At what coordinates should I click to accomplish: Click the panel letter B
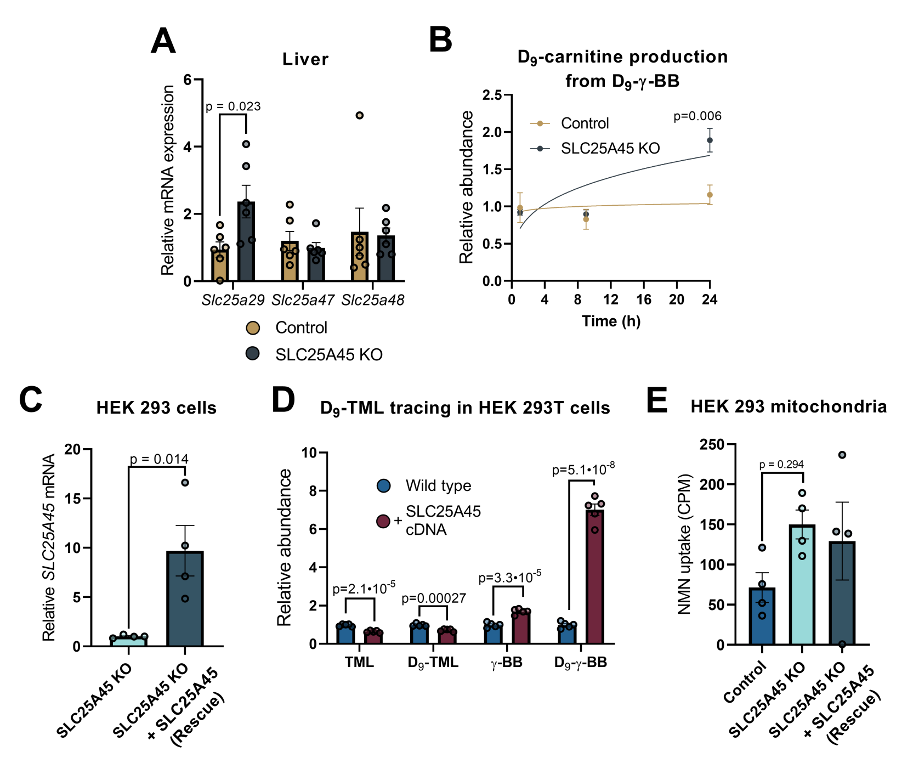click(440, 40)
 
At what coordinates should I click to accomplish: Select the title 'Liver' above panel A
click(305, 59)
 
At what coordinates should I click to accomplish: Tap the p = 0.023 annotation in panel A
click(233, 106)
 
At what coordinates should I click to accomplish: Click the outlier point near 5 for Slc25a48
click(360, 115)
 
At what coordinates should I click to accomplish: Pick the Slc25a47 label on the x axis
click(303, 300)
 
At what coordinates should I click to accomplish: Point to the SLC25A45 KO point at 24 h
click(710, 140)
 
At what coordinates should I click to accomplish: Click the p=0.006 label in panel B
click(697, 116)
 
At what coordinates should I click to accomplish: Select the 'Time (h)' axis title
click(611, 321)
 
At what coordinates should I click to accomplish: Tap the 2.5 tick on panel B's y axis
click(492, 95)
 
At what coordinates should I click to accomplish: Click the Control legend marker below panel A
click(253, 327)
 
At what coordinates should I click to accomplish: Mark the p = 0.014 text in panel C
click(159, 459)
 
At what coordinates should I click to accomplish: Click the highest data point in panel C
click(185, 483)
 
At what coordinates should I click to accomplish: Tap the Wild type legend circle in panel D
click(384, 485)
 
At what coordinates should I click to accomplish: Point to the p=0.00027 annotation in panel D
click(434, 598)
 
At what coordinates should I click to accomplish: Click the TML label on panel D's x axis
click(359, 663)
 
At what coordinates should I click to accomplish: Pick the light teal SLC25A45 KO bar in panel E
click(802, 584)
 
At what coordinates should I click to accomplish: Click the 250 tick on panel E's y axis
click(712, 444)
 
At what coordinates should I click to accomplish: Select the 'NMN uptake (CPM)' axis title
click(684, 544)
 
